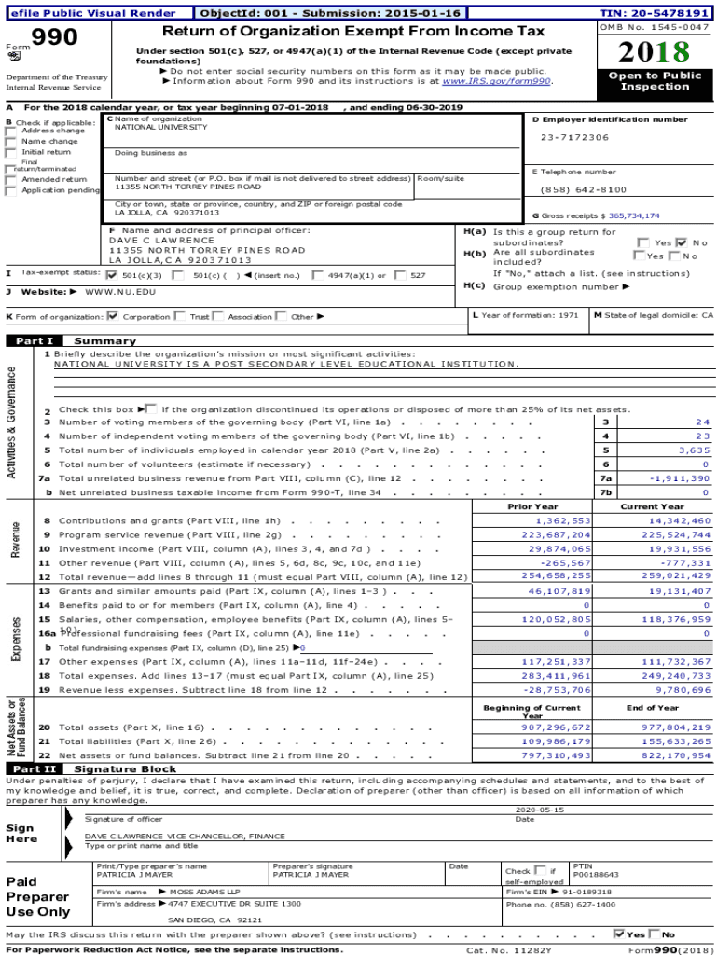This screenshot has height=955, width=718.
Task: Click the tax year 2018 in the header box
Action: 655,51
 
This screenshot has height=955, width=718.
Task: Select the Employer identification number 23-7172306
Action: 574,137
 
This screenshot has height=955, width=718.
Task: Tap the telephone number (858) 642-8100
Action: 584,189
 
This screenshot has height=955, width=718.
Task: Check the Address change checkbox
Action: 10,131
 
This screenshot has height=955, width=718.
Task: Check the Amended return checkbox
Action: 10,179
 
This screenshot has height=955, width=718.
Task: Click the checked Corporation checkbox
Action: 113,316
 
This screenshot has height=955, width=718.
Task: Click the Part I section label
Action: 35,341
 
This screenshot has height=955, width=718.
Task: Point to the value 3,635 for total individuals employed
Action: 694,450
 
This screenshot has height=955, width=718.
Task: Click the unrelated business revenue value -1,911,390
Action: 680,478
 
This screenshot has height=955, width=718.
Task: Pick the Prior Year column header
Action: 532,506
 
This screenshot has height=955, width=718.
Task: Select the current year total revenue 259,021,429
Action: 674,577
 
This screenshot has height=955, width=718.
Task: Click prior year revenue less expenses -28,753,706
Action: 557,690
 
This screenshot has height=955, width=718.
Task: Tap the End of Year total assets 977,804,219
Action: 674,727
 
